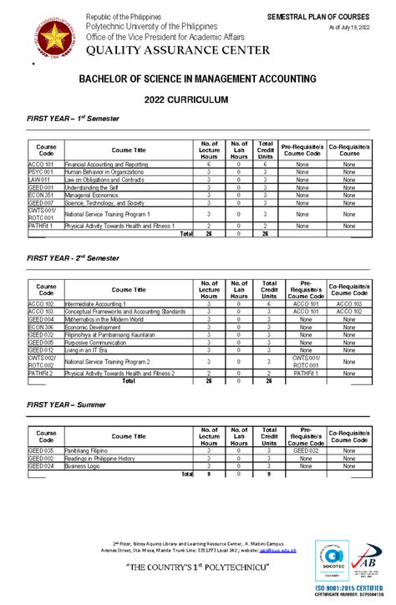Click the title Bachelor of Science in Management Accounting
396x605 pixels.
coord(197,79)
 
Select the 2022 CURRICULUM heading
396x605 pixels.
coord(197,99)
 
